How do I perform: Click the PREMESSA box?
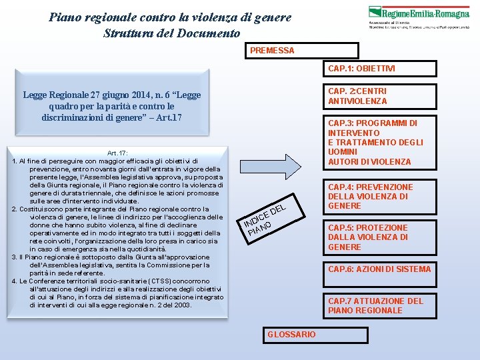303,51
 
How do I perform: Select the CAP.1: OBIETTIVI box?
380,69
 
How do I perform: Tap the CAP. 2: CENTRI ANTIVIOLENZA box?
380,96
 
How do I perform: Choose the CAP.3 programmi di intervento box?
380,142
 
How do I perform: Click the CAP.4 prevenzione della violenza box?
380,197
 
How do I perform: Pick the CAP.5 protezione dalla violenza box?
380,237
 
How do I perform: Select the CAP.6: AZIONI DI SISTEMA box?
380,269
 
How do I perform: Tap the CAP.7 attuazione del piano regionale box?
380,305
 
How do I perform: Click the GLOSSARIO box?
291,334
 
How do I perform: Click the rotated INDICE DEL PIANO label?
265,218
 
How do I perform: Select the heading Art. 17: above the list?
117,153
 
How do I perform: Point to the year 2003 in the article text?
180,305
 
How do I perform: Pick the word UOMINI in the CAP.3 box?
343,152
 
